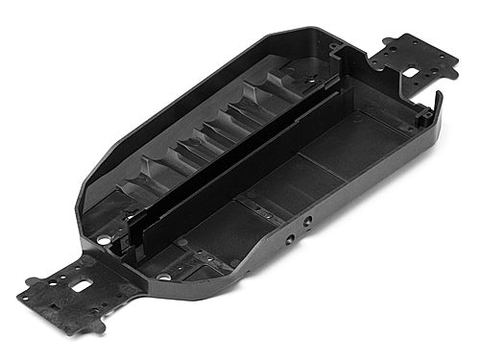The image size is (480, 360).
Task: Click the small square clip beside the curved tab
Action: (x=421, y=120)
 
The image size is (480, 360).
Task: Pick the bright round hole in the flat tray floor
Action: (x=163, y=276)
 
